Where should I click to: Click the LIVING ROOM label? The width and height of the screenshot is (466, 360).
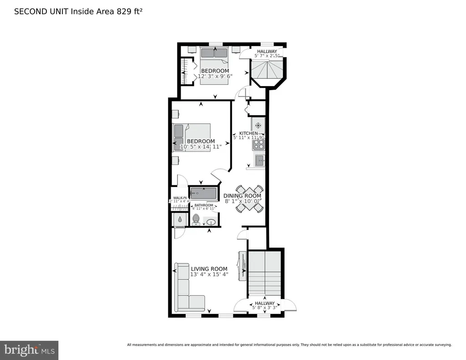coord(209,269)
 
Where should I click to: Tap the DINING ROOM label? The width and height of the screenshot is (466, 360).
coord(242,196)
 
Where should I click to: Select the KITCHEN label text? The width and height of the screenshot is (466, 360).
coord(248,133)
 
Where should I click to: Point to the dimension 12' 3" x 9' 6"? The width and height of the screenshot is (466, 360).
coord(215,76)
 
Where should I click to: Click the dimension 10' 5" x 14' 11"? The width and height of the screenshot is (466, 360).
coord(201,147)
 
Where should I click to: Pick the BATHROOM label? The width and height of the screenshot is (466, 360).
coord(203,205)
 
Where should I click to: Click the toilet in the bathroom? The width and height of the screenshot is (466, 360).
coord(196,219)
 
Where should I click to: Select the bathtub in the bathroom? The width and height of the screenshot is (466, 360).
coord(203,193)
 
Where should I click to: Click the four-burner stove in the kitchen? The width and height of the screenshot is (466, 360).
coord(259,144)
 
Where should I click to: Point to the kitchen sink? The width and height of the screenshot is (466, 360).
coord(260,160)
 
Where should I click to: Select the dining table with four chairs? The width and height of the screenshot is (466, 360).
coord(249,199)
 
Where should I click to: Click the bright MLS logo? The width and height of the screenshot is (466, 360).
coord(29,350)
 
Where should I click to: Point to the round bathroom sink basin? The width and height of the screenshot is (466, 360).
coord(212,222)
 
